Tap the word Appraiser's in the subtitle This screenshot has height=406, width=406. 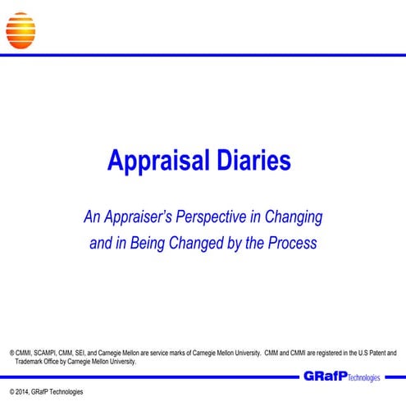139,218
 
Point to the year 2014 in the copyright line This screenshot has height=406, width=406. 26,392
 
